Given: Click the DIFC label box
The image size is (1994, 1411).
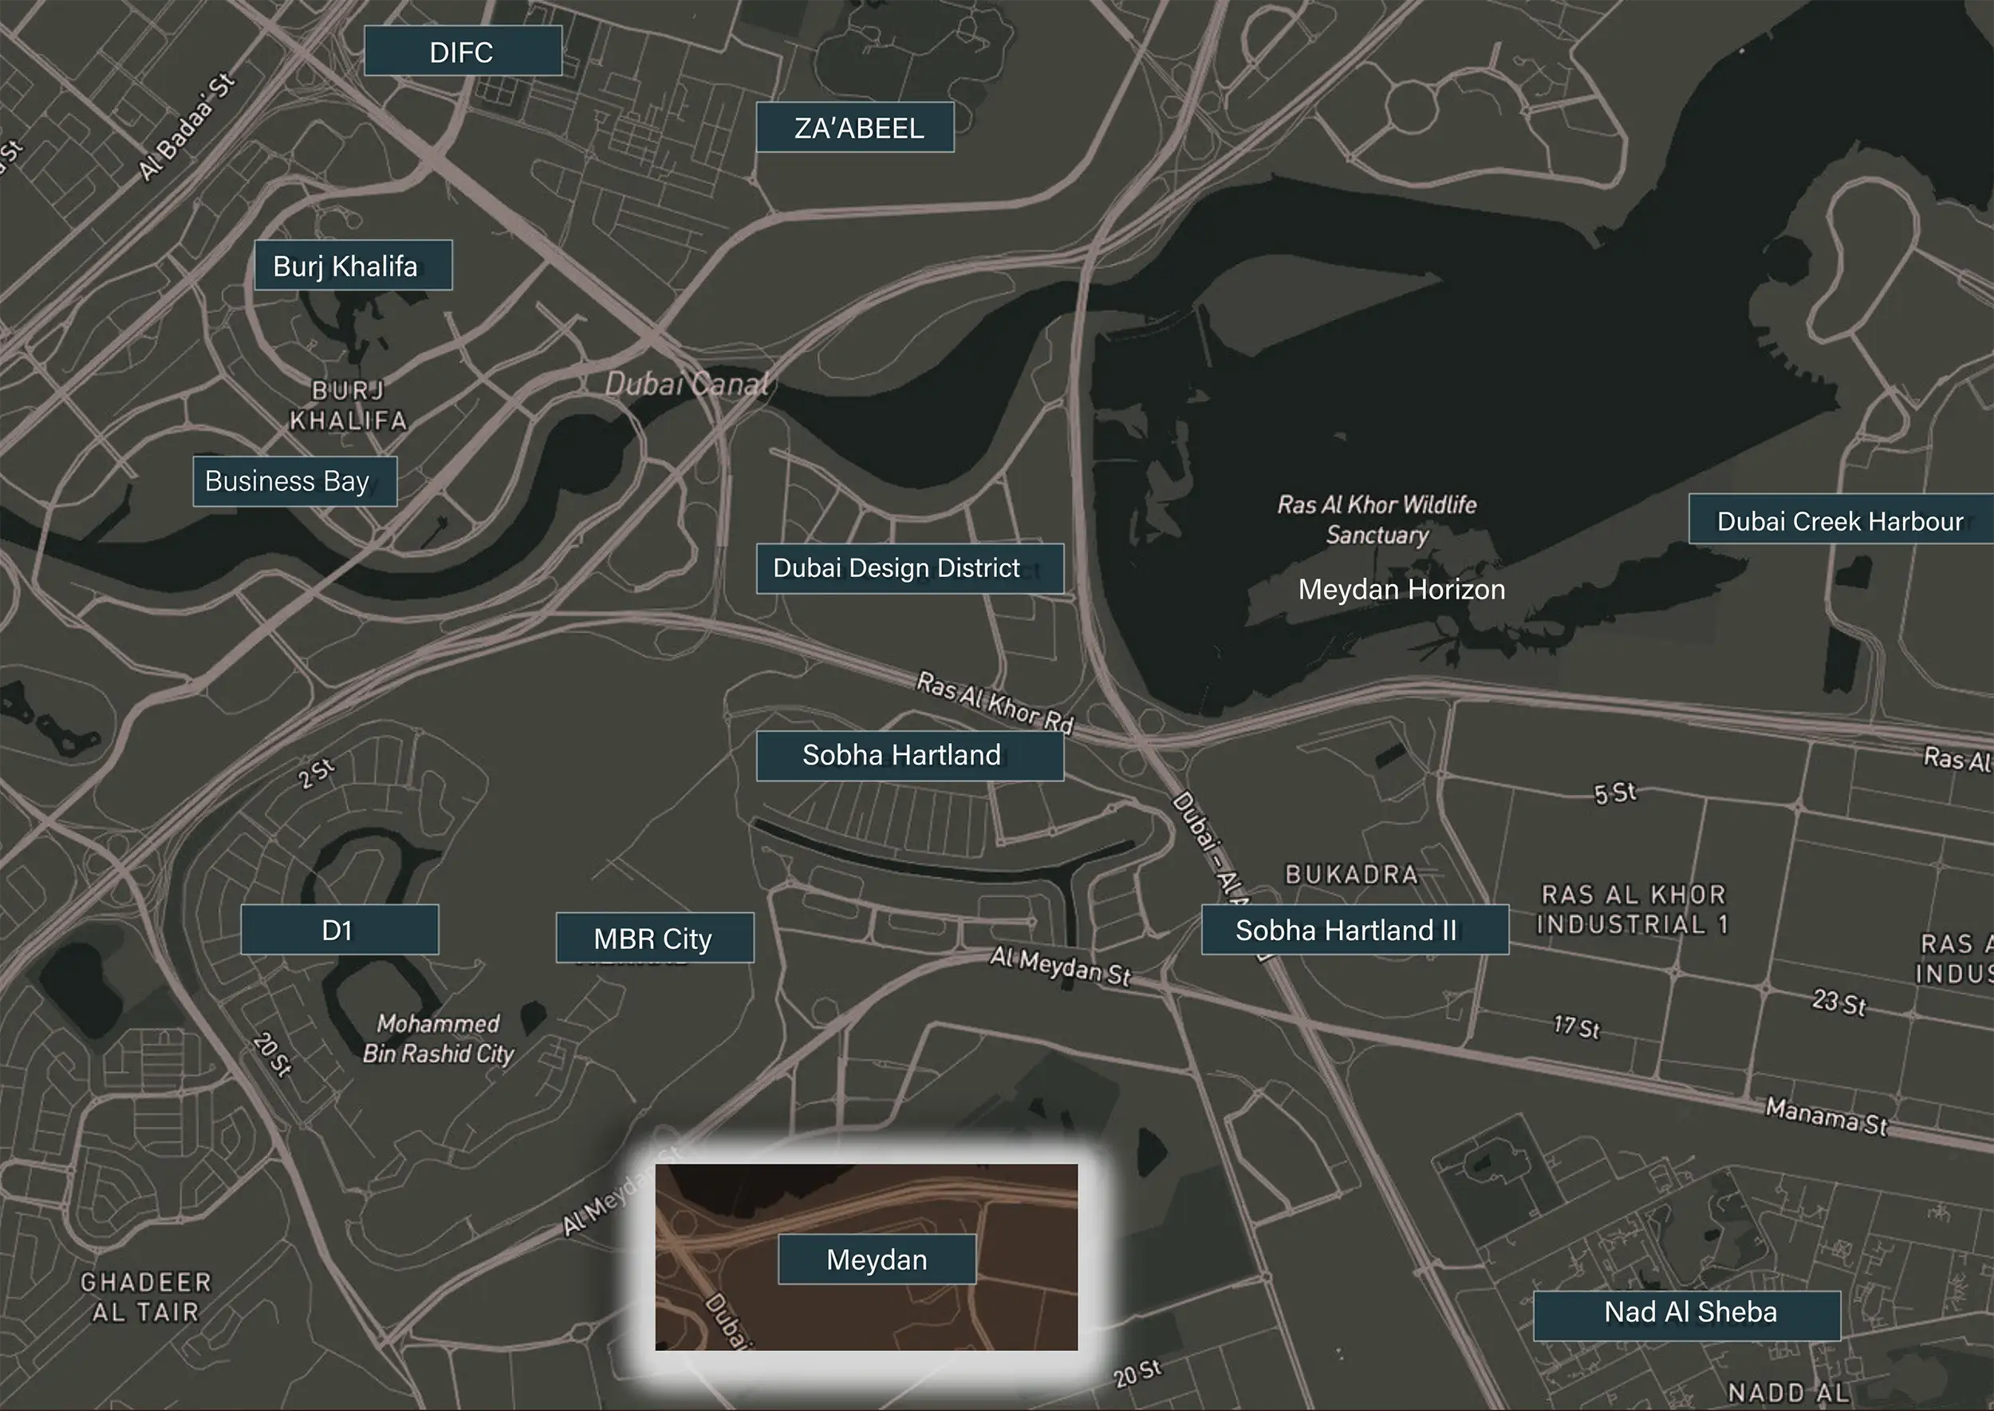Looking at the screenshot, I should point(462,51).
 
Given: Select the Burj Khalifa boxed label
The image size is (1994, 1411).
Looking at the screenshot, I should point(353,265).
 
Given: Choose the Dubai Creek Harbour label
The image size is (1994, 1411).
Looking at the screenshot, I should point(1839,520).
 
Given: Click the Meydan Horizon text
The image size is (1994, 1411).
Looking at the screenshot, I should point(1401,589).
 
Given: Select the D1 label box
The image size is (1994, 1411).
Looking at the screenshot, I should point(339,930).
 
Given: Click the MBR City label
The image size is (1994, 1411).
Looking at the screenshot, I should point(654,938).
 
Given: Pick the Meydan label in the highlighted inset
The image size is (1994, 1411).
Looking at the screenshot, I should point(877,1259).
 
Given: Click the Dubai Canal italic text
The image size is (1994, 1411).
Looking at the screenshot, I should point(686,383).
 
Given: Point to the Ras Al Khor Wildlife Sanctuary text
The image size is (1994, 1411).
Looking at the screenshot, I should point(1377,520).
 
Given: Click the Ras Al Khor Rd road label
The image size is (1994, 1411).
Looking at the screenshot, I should point(995,703).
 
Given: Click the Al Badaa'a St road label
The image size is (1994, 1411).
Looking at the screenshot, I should point(187,128).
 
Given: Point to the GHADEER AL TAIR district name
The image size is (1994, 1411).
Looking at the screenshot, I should point(145,1296).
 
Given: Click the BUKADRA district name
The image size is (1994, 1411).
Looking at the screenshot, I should point(1351,873).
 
